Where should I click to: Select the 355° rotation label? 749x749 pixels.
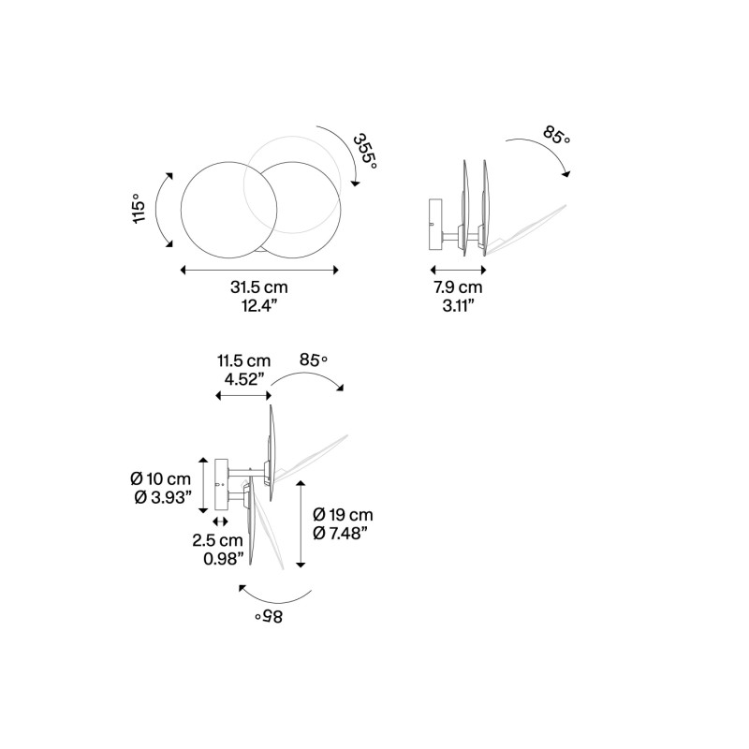[x=365, y=151]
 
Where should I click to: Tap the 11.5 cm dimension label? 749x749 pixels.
[x=243, y=360]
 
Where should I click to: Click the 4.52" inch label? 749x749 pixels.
[x=243, y=378]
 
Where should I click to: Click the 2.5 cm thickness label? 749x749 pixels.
[x=217, y=541]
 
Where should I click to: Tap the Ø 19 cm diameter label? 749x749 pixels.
[x=343, y=515]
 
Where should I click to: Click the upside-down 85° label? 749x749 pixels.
[x=267, y=617]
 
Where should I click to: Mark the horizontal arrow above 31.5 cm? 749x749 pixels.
[x=259, y=270]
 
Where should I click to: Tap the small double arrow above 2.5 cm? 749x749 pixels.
[x=221, y=521]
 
